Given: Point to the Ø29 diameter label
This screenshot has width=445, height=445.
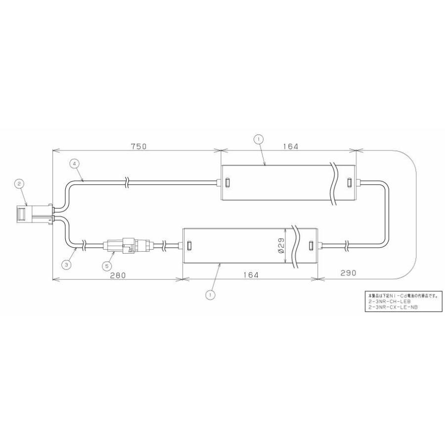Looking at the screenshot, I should coord(280,245).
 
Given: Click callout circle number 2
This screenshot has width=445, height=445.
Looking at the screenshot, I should coord(19,184).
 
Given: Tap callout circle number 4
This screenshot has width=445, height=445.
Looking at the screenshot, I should coord(74,163).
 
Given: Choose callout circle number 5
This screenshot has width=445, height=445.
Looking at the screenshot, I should coord(106,266).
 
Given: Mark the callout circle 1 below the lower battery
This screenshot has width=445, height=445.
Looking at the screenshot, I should coord(211,295).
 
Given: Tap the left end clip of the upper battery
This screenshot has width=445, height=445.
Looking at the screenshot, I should coord(227,182).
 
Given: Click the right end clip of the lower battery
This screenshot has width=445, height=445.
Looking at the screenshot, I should coord(311,246).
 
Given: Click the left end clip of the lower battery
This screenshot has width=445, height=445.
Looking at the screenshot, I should coord(188,246).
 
